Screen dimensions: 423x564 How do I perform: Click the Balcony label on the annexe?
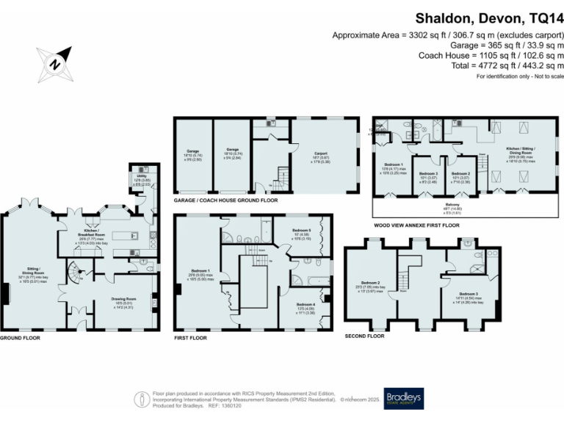pos(443,206)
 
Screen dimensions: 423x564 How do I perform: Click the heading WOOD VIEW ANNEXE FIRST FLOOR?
pos(416,225)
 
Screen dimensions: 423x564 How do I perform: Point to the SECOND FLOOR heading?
pos(364,336)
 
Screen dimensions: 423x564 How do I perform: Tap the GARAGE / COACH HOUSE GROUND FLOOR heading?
pos(225,200)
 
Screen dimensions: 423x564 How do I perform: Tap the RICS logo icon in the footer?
pos(140,397)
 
